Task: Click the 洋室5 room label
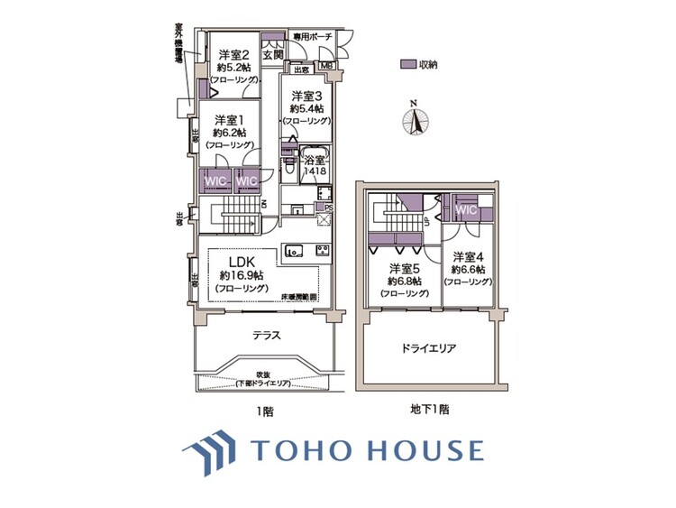point(402,269)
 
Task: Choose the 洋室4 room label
point(468,255)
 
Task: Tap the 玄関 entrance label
point(273,54)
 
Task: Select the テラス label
point(267,335)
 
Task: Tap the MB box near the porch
point(325,65)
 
